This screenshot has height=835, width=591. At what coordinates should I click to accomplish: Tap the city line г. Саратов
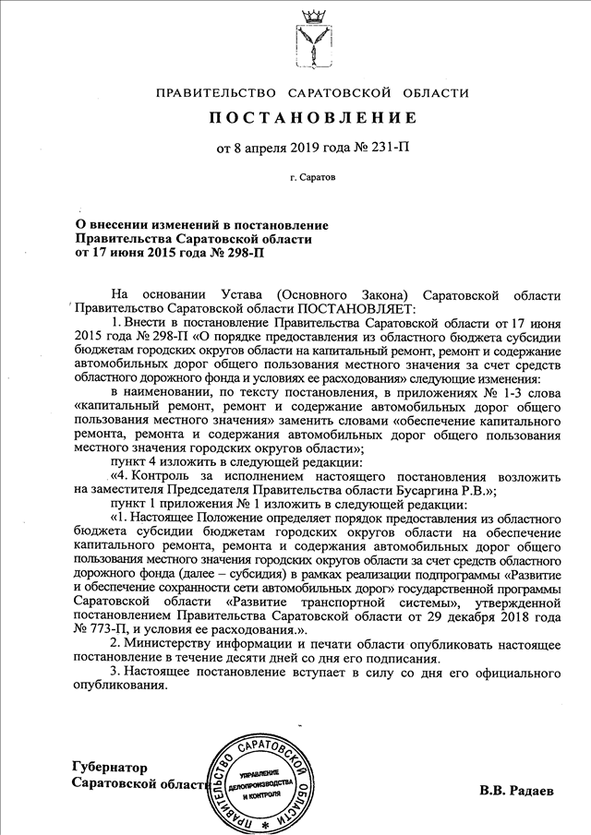(x=312, y=174)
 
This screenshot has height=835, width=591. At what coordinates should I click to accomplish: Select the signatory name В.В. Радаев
(x=518, y=792)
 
